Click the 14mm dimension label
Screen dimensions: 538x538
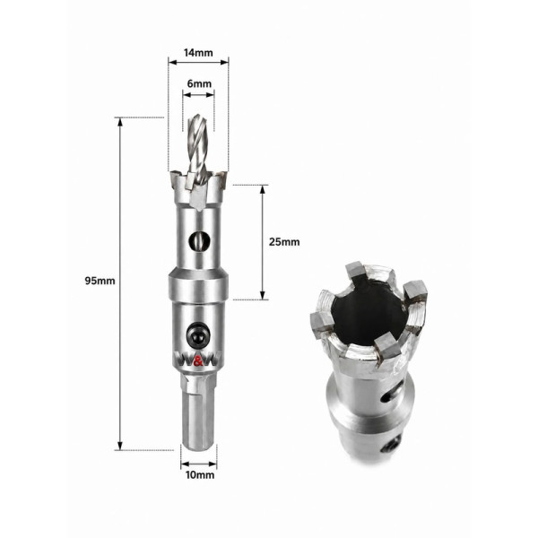click(198, 53)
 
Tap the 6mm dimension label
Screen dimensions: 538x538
click(199, 83)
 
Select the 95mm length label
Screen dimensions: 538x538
click(100, 281)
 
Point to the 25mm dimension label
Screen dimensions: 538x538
click(284, 242)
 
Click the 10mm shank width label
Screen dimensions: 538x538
click(200, 475)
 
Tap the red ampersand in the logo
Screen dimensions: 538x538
click(198, 361)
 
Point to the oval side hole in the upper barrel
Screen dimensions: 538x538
click(199, 241)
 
